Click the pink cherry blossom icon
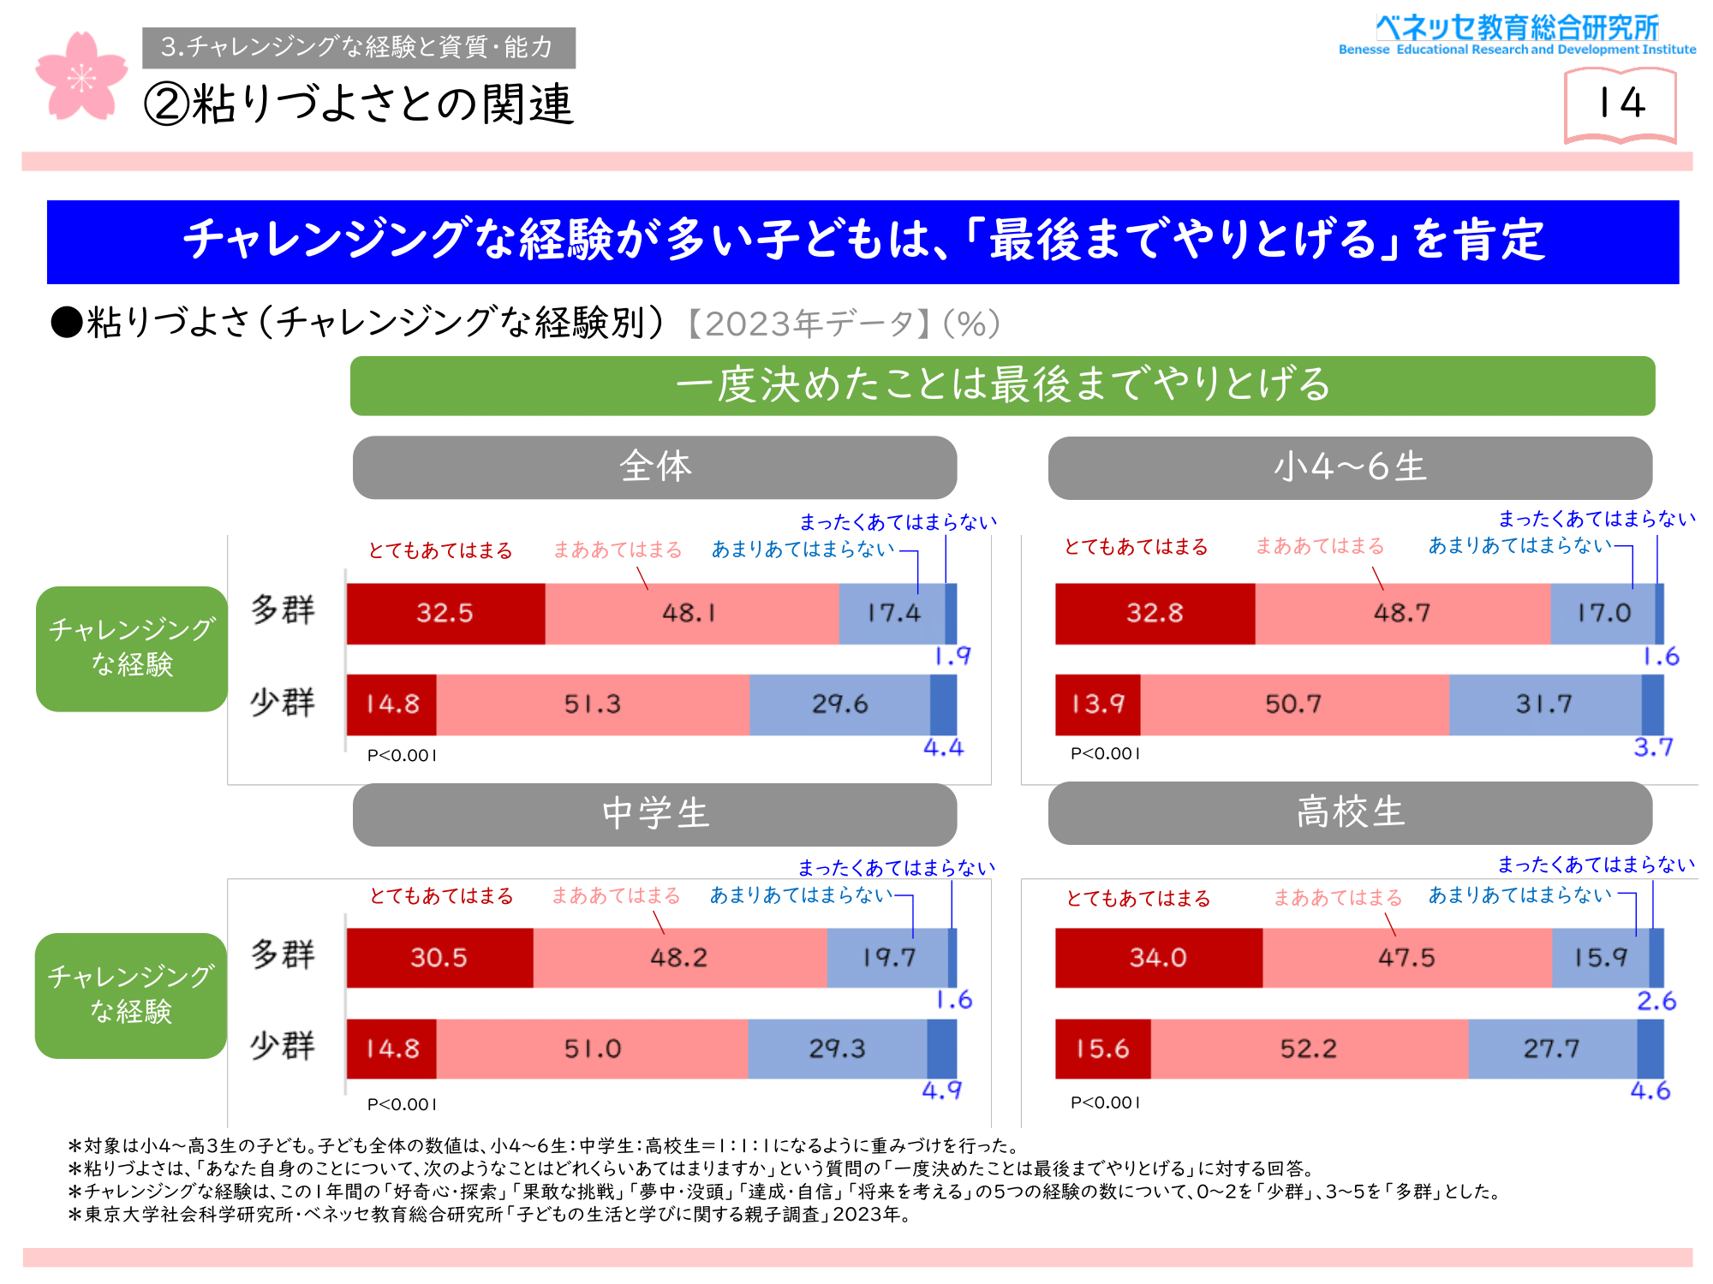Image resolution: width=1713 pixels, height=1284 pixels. [x=81, y=76]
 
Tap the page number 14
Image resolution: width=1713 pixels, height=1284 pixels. [x=1620, y=104]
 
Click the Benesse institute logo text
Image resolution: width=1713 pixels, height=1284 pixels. [x=1517, y=35]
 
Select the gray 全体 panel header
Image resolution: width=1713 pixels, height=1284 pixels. [x=654, y=467]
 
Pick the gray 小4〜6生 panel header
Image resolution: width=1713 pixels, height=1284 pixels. [x=1350, y=467]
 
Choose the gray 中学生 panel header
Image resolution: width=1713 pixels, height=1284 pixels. [x=654, y=814]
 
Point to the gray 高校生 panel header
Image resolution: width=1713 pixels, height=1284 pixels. [x=1350, y=812]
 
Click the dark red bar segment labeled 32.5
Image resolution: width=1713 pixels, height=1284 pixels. [x=445, y=613]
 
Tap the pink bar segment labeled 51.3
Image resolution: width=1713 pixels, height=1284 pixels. [x=593, y=704]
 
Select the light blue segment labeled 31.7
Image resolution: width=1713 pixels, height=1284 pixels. [x=1544, y=704]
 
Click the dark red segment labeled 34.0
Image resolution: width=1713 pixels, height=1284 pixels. [x=1158, y=957]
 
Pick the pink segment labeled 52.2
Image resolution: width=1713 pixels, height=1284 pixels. [x=1309, y=1049]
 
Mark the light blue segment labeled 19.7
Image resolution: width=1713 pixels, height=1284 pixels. [x=888, y=957]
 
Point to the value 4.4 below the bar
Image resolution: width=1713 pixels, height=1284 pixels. [x=943, y=748]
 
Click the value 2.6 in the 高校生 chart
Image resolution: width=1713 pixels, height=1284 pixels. [x=1656, y=1001]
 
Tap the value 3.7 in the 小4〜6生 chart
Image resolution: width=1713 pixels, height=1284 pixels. [x=1653, y=747]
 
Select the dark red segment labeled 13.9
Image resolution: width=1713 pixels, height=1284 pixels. [x=1097, y=704]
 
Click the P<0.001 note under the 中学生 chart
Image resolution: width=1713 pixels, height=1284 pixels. [x=402, y=1104]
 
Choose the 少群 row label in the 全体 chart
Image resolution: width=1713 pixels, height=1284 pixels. [x=283, y=703]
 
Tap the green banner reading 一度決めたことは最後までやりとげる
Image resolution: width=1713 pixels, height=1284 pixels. [x=1002, y=385]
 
